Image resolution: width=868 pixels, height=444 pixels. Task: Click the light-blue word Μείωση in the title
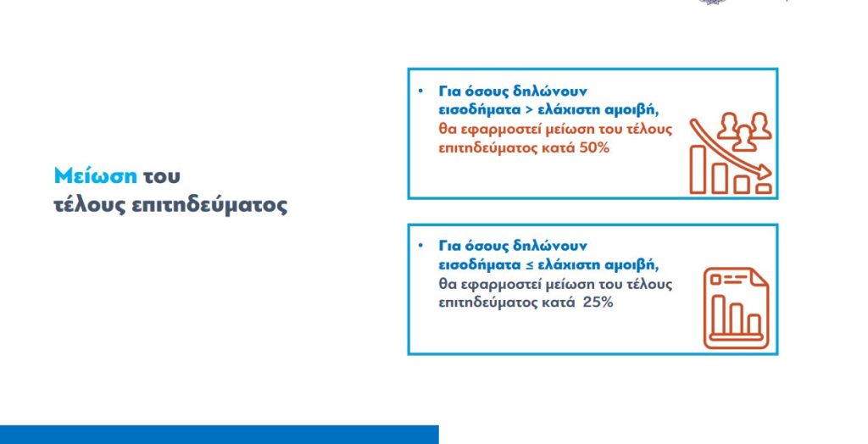pos(95,176)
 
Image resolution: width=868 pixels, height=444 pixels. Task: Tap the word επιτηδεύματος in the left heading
pos(210,206)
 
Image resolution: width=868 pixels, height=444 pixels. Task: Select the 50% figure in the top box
pos(594,148)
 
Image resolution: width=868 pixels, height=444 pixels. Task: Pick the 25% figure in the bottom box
pos(598,302)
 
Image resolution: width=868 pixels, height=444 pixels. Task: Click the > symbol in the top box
pos(529,110)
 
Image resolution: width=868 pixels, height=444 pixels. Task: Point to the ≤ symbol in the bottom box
pos(531,265)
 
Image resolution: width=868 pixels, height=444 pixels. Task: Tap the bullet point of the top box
pos(420,91)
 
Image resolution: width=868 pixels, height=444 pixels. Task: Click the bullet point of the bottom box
pos(420,245)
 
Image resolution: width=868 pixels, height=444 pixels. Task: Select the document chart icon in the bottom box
pos(736,308)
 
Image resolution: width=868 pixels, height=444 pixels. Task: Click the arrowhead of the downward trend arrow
pos(765,172)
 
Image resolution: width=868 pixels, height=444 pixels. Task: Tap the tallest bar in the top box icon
pos(698,169)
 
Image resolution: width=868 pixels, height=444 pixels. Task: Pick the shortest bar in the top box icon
pos(764,189)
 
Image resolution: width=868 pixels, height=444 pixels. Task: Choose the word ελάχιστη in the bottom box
pos(565,265)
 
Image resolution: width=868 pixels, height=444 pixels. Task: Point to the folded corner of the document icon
pos(759,277)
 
